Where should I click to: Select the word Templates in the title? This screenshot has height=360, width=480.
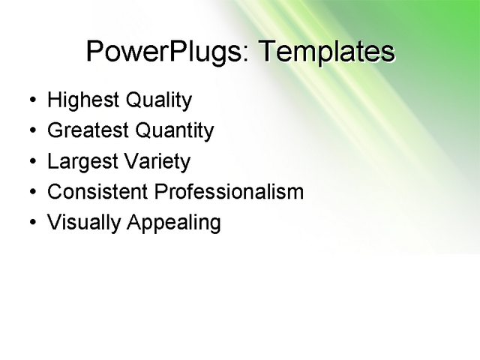tap(326, 52)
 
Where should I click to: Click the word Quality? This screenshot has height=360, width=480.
tap(159, 100)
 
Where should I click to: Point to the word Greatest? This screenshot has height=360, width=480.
tap(88, 131)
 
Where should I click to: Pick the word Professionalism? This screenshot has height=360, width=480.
tap(229, 192)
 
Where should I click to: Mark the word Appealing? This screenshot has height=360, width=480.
tap(173, 223)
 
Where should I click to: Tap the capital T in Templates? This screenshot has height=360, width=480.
tap(267, 52)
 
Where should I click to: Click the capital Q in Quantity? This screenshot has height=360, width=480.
tap(144, 131)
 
